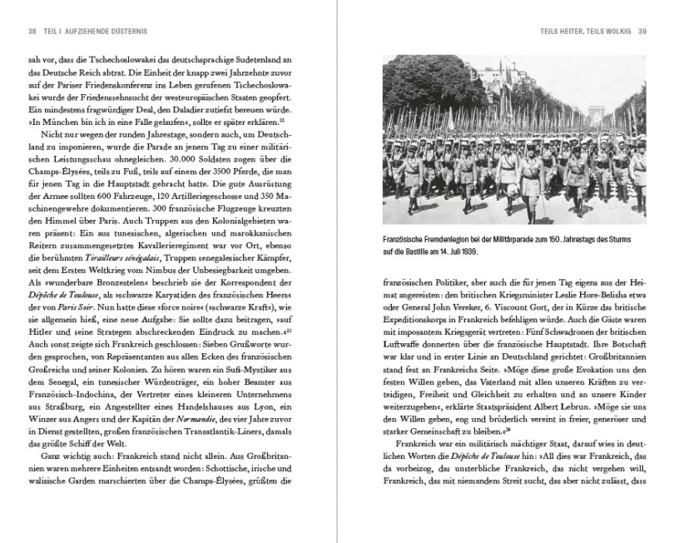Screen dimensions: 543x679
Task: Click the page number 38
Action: pos(32,32)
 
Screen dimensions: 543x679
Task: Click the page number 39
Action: pos(642,32)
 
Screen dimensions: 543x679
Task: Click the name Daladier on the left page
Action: pos(194,111)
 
